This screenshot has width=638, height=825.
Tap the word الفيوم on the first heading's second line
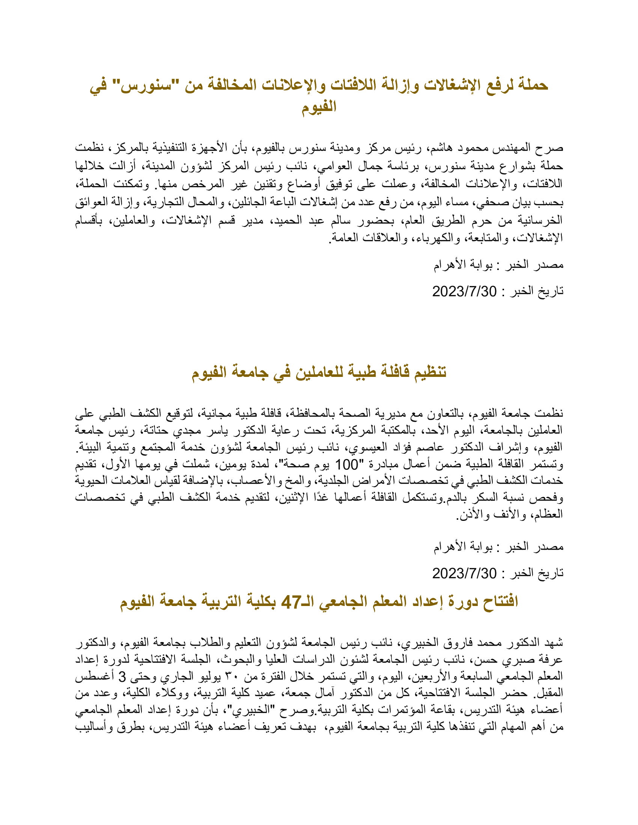coord(319,106)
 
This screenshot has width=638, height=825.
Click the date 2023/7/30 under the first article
coord(464,291)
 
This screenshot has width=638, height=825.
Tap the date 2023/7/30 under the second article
coord(464,573)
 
